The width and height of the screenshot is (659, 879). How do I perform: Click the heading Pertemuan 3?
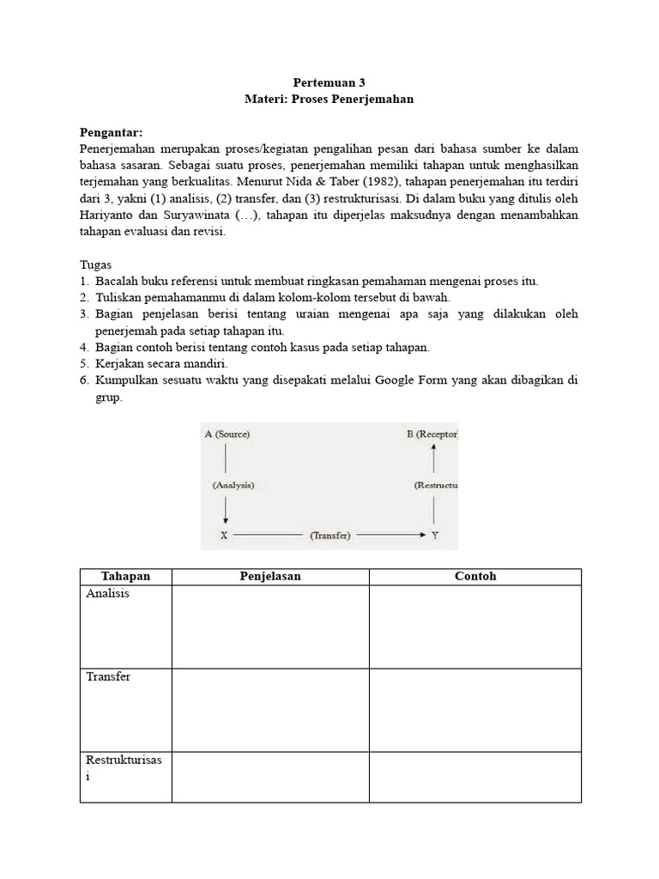pyautogui.click(x=329, y=83)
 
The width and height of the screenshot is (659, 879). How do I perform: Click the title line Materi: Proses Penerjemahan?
pyautogui.click(x=329, y=100)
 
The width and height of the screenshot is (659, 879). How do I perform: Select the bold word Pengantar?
pyautogui.click(x=112, y=132)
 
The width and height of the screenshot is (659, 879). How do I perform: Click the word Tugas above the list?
pyautogui.click(x=96, y=264)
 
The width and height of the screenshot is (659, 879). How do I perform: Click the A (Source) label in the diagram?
pyautogui.click(x=227, y=434)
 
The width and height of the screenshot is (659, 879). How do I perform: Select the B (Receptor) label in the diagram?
pyautogui.click(x=432, y=434)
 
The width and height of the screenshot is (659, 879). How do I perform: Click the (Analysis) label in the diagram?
pyautogui.click(x=233, y=485)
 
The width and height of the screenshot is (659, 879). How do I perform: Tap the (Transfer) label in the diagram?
pyautogui.click(x=330, y=536)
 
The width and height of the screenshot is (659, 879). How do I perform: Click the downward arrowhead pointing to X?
pyautogui.click(x=225, y=518)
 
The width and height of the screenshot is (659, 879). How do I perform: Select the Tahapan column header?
pyautogui.click(x=125, y=577)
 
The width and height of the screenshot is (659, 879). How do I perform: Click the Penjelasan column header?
pyautogui.click(x=270, y=577)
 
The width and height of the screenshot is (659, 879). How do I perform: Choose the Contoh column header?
pyautogui.click(x=475, y=577)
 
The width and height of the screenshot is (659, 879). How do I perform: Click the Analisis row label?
pyautogui.click(x=108, y=594)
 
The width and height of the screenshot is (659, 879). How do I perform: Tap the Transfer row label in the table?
pyautogui.click(x=108, y=677)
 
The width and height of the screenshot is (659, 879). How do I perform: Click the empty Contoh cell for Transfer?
pyautogui.click(x=475, y=710)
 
